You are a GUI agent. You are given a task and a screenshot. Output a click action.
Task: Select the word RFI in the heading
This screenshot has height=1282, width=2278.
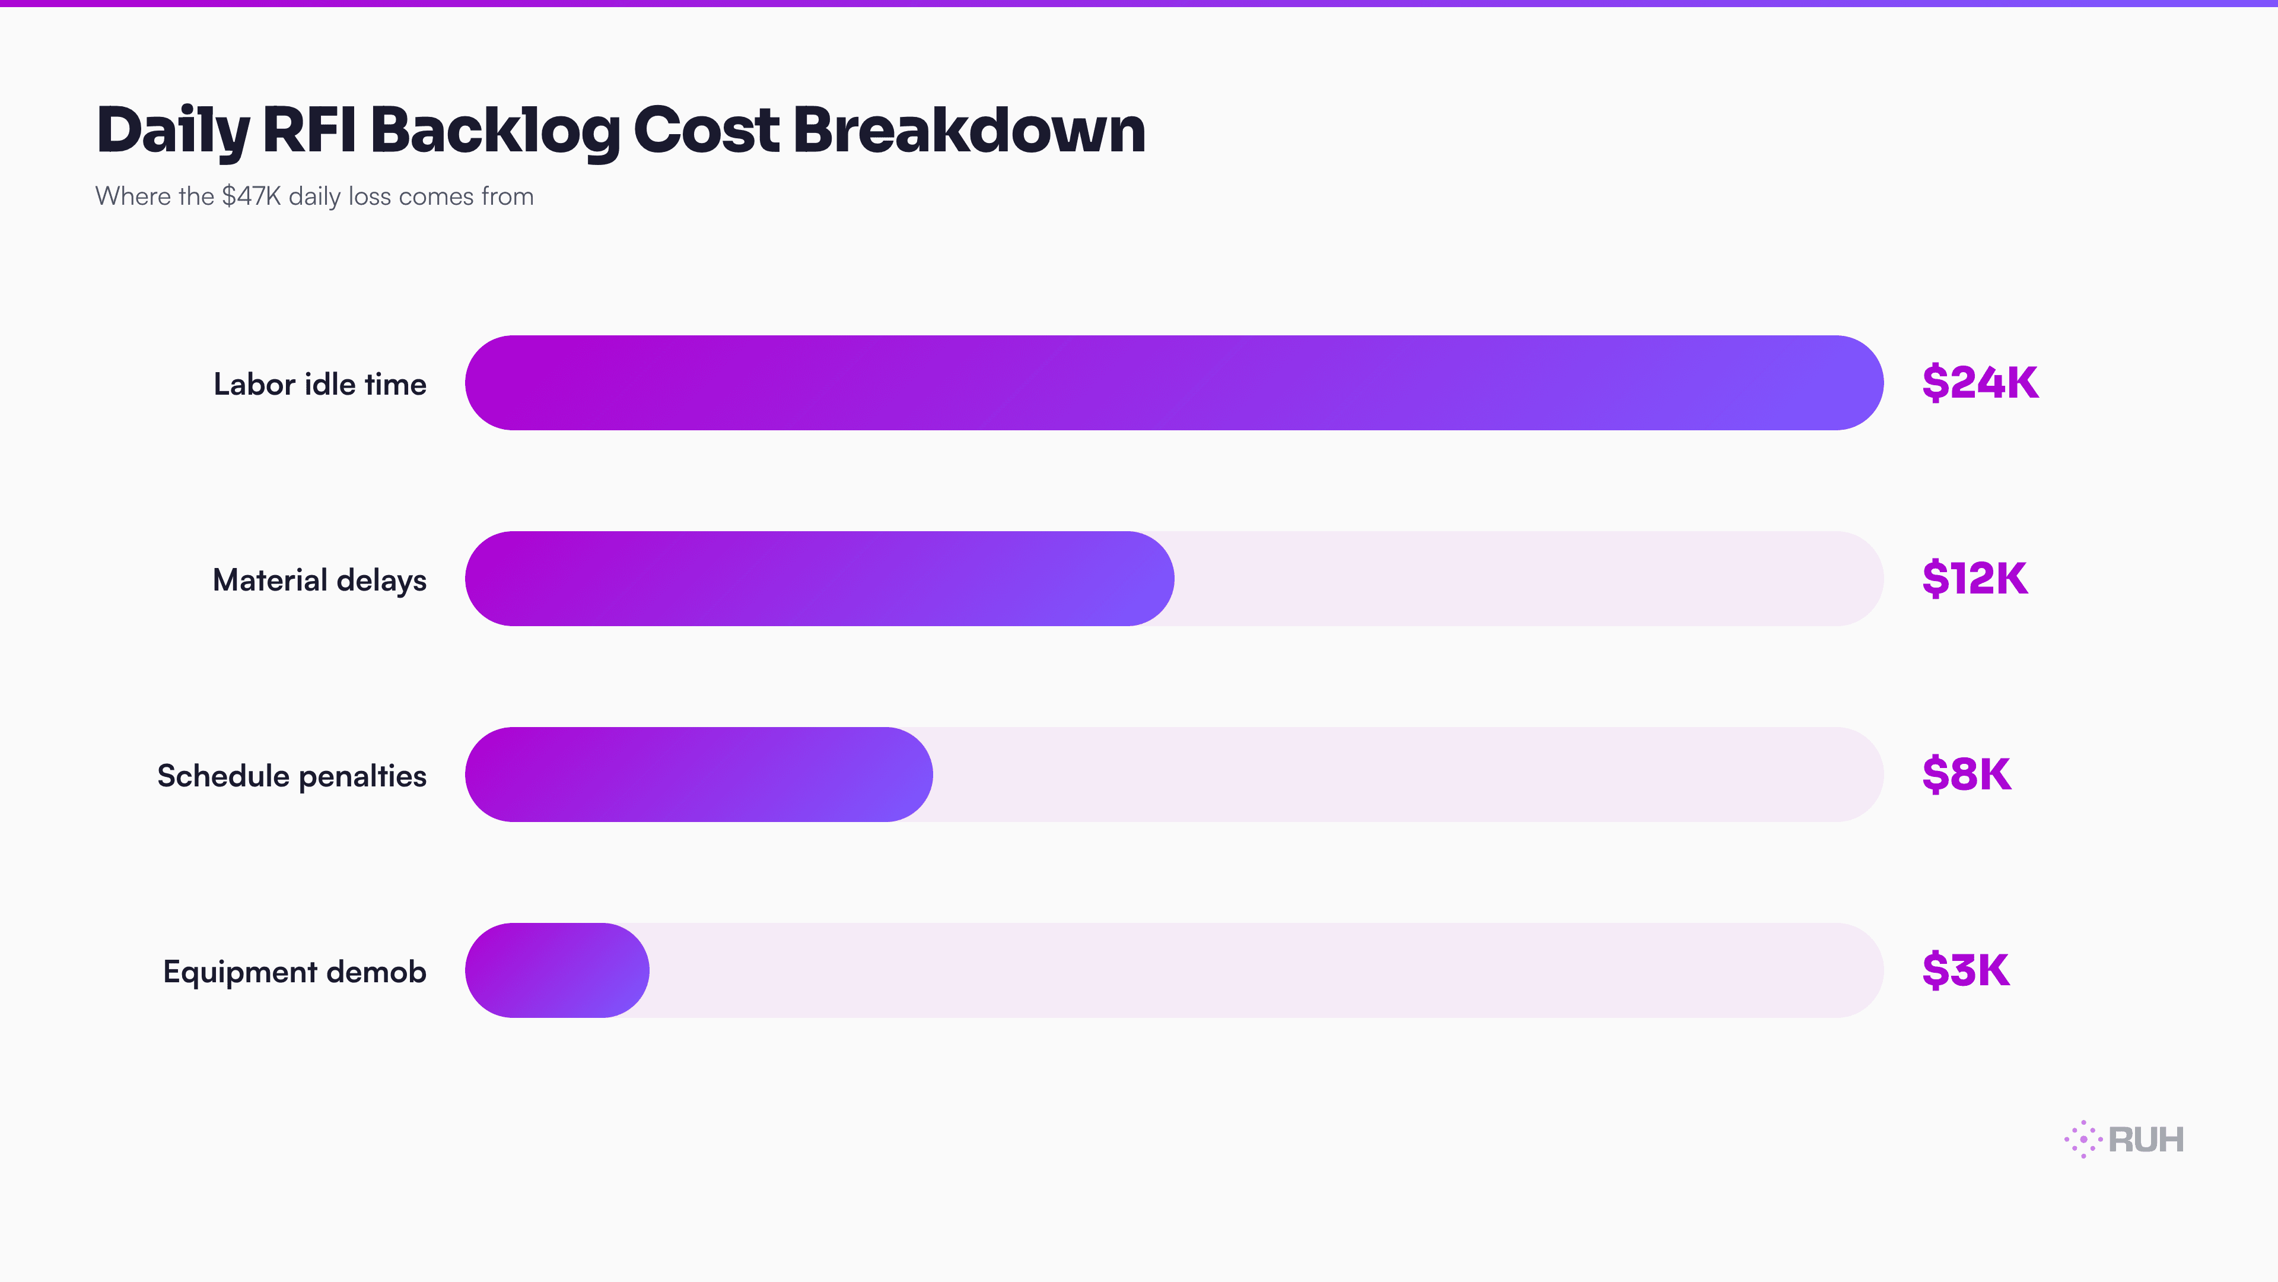tap(308, 129)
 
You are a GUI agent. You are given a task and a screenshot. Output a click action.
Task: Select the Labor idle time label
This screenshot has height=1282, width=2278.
tap(320, 384)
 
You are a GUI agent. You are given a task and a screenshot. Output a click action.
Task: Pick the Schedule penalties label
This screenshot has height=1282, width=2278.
tap(292, 776)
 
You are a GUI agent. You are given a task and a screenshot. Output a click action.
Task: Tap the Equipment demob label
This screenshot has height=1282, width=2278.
tap(294, 972)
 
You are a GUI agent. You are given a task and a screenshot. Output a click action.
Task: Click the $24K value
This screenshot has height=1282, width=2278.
tap(1980, 383)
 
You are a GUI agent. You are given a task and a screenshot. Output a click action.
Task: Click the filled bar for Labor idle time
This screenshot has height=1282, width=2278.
tap(1173, 383)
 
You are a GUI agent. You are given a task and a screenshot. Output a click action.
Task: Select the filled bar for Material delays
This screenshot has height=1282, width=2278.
tap(819, 579)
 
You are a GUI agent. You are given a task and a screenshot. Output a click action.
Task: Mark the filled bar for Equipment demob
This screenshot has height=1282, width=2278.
tap(557, 970)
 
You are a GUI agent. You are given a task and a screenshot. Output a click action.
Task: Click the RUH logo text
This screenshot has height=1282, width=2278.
tap(2146, 1140)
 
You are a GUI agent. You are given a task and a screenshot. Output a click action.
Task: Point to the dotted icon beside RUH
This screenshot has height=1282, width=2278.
tap(2083, 1140)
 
